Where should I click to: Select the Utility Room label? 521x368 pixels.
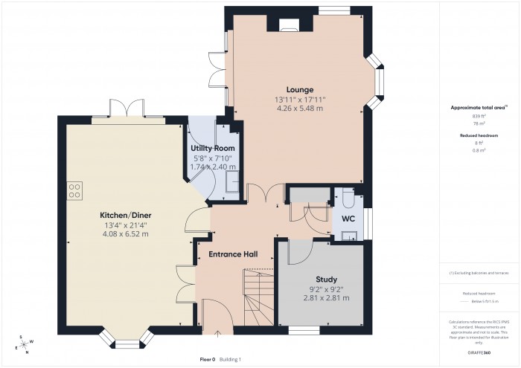(x=213, y=148)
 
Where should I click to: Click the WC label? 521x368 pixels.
(x=348, y=219)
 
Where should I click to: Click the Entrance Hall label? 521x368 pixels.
(x=233, y=254)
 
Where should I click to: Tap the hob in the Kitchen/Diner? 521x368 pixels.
(x=74, y=190)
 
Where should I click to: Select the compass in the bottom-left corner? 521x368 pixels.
(x=24, y=343)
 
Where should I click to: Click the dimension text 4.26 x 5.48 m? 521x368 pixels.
(x=299, y=109)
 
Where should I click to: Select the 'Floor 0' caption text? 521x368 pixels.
(x=208, y=359)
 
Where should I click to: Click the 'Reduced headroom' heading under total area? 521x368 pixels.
(x=479, y=135)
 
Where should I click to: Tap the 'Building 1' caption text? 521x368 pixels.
(x=231, y=359)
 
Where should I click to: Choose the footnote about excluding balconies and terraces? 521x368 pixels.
(x=479, y=273)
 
